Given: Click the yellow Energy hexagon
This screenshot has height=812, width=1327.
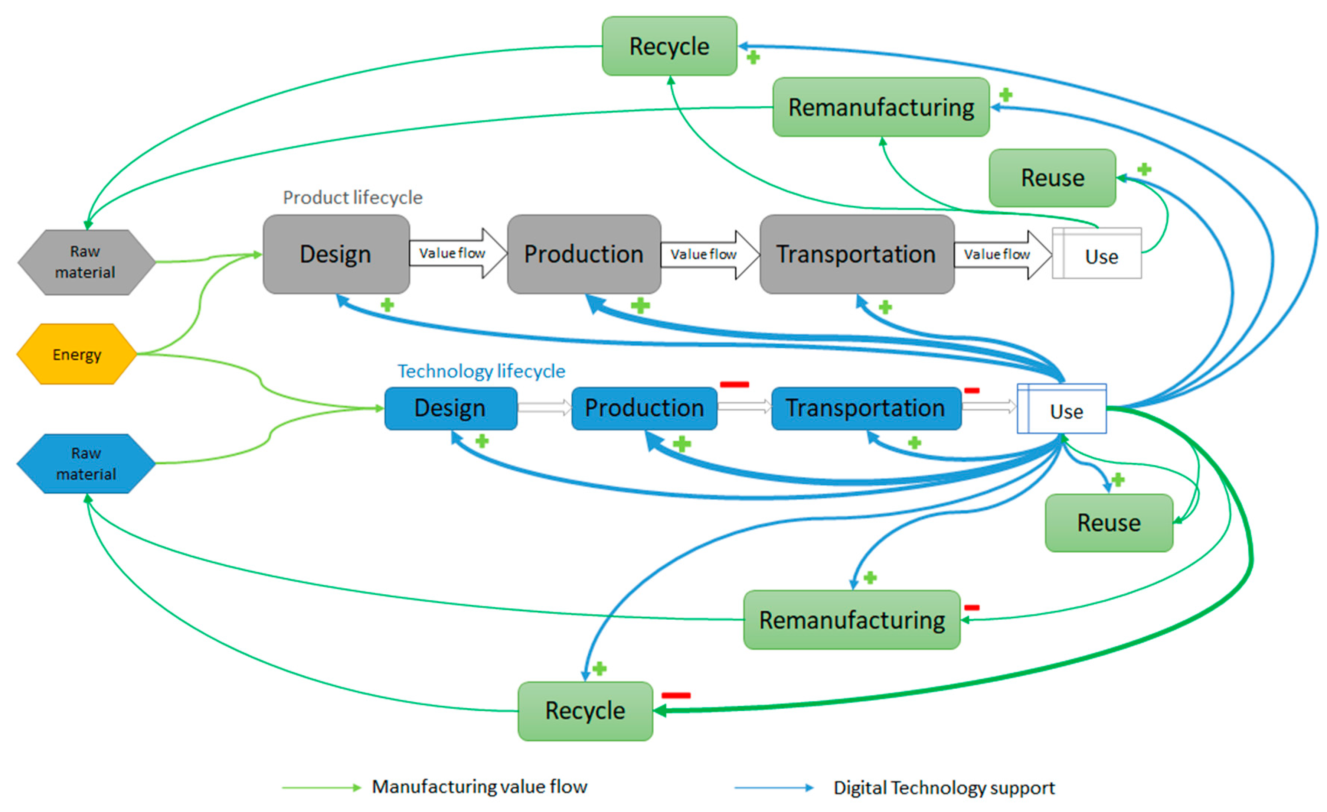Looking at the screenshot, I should point(77,354).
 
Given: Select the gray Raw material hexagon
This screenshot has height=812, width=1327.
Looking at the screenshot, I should point(86,262).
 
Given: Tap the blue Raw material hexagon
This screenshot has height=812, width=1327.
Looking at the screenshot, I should point(86,463).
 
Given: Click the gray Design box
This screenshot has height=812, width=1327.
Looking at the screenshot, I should point(336,254).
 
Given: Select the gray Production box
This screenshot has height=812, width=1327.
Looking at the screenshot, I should point(584,254).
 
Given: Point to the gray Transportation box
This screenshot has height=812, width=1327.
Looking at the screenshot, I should point(856,254).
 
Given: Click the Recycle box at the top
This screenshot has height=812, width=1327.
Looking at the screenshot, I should point(669,46).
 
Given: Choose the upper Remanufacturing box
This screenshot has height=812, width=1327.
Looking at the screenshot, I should point(881,107).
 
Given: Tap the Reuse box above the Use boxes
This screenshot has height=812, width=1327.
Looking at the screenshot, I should point(1052,178).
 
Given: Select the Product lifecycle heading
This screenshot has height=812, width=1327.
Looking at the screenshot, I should point(353,198).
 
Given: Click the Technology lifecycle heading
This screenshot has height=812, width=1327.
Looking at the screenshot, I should point(481,371).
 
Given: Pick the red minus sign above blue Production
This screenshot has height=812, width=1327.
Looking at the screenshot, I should point(734,384).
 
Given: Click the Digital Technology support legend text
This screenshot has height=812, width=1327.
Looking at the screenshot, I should point(944,788).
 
